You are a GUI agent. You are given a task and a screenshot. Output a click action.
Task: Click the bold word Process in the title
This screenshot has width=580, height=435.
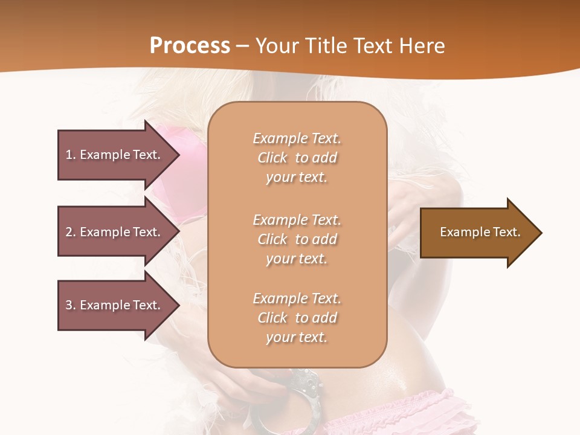click(190, 45)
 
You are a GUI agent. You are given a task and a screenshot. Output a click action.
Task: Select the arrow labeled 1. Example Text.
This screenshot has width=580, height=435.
click(115, 155)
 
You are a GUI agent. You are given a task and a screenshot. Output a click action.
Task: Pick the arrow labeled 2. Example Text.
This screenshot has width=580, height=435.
click(115, 232)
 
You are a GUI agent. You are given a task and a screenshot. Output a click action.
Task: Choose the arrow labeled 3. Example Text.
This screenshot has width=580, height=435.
click(115, 305)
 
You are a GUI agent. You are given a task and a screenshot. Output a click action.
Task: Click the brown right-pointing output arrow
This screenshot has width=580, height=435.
click(477, 233)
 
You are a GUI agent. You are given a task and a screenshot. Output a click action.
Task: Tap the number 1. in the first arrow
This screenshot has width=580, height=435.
click(71, 155)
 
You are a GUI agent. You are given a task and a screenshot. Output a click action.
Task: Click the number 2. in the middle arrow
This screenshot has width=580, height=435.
click(71, 232)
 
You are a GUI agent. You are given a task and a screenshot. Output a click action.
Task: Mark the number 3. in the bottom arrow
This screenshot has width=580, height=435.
click(71, 305)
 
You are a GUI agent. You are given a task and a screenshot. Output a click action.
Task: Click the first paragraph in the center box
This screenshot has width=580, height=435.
click(297, 158)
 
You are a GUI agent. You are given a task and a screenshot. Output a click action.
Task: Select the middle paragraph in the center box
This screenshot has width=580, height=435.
click(297, 239)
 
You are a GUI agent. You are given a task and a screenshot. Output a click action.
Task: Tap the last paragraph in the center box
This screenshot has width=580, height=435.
click(297, 318)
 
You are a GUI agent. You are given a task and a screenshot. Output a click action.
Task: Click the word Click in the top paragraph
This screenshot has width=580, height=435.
click(272, 158)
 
